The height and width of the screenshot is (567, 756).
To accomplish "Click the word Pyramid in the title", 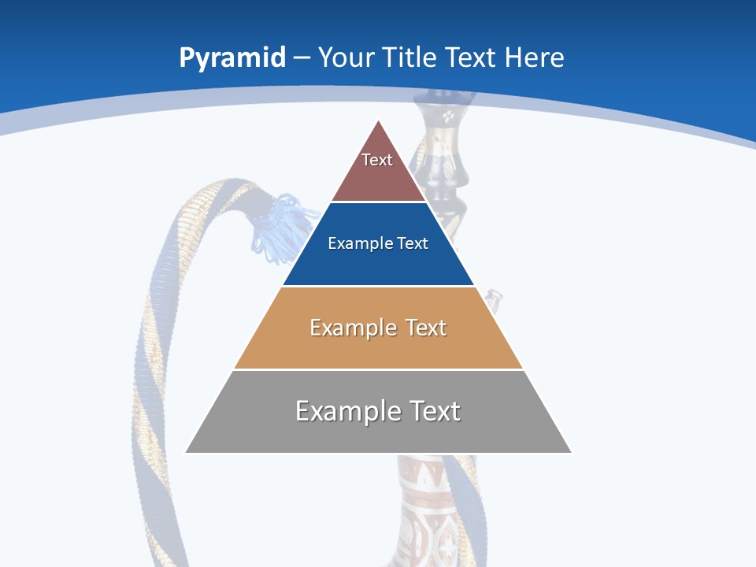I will tap(232, 58).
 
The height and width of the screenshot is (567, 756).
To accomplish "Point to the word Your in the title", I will tap(346, 57).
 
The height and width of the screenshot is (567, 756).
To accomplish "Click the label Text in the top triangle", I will tap(377, 160).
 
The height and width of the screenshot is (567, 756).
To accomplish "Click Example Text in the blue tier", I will tap(378, 243).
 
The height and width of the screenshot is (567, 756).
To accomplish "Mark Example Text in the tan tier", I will tap(378, 328).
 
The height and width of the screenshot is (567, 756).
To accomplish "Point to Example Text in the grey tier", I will tap(378, 411).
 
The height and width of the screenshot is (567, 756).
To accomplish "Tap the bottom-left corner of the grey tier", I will tap(187, 451).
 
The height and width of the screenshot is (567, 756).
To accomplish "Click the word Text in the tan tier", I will tap(426, 328).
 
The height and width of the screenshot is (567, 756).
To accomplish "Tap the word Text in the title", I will tap(471, 57).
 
